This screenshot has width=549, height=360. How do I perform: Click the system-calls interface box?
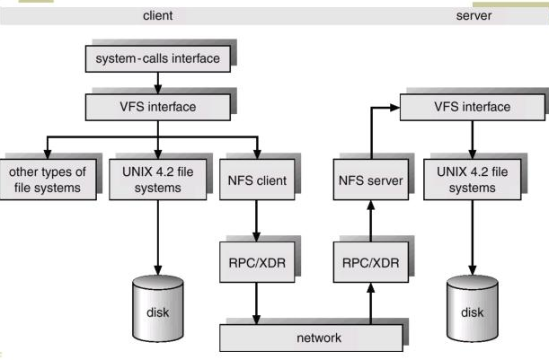(x=158, y=58)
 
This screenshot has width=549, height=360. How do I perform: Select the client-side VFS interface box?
(x=158, y=107)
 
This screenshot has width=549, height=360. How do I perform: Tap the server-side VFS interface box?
(x=473, y=107)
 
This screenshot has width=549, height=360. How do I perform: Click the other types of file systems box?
(x=48, y=180)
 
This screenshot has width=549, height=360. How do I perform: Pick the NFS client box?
(x=257, y=180)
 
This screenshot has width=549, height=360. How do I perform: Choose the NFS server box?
(x=371, y=180)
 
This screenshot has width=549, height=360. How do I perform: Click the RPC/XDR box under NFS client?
(x=257, y=262)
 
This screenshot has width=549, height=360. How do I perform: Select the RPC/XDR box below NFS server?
(x=371, y=262)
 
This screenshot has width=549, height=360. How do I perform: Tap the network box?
(x=311, y=338)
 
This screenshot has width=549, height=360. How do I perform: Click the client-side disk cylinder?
(x=158, y=309)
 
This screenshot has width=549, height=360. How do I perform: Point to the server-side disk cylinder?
(x=473, y=309)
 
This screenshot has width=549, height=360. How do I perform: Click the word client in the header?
(x=157, y=16)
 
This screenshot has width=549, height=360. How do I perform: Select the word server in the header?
(x=474, y=16)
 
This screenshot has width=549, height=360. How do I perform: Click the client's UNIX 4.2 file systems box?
(x=158, y=180)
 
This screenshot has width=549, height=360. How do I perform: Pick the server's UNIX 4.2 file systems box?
(x=473, y=180)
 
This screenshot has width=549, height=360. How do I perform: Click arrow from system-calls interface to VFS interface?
(x=158, y=83)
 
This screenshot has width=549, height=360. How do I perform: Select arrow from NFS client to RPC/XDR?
(x=257, y=221)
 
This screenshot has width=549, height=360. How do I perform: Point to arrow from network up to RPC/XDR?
(x=371, y=303)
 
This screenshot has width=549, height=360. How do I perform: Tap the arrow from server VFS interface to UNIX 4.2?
(x=473, y=140)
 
